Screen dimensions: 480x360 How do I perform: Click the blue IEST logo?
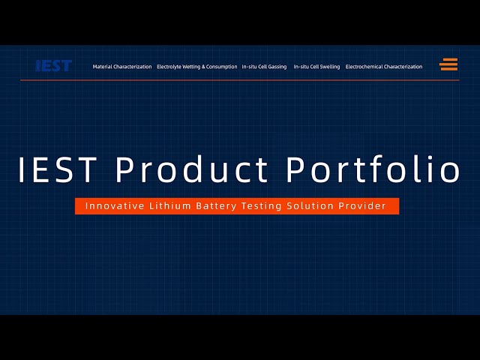(x=54, y=65)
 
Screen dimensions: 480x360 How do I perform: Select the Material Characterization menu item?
(x=122, y=67)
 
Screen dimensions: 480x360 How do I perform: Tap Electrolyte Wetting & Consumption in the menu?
(x=196, y=67)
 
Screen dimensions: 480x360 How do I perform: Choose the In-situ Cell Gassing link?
(x=264, y=67)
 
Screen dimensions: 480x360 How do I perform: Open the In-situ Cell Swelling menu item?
(x=316, y=67)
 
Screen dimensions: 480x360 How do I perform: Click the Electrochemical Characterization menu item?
(x=384, y=67)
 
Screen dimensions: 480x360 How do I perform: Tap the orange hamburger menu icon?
(x=448, y=64)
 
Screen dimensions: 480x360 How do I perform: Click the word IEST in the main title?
(x=58, y=169)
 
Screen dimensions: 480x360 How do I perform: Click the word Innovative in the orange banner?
(x=115, y=205)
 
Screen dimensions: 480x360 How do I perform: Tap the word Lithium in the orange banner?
(x=170, y=205)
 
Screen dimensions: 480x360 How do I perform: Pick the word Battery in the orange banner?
(x=217, y=206)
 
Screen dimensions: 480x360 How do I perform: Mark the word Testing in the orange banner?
(x=262, y=206)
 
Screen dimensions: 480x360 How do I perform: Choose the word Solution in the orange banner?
(x=310, y=205)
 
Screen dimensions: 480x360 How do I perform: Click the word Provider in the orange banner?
(x=362, y=205)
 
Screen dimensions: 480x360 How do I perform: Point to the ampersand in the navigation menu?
(x=203, y=67)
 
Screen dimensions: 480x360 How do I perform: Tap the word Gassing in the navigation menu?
(x=277, y=67)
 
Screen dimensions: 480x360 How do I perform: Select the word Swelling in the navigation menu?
(x=330, y=67)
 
